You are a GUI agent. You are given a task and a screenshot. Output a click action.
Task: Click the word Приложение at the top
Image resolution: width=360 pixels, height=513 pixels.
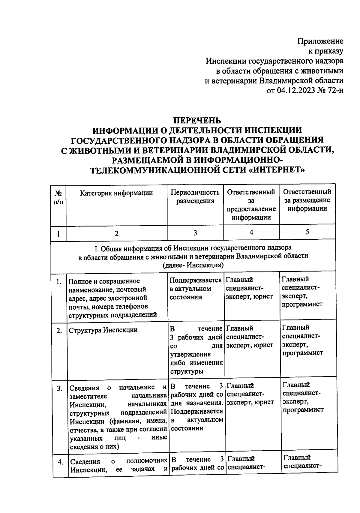tap(320, 41)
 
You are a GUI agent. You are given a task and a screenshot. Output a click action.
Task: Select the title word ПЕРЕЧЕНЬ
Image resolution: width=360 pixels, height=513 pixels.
tap(197, 120)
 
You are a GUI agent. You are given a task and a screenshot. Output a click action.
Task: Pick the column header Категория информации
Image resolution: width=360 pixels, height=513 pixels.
tap(116, 193)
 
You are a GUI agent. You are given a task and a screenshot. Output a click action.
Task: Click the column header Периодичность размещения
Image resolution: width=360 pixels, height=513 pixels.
tap(195, 196)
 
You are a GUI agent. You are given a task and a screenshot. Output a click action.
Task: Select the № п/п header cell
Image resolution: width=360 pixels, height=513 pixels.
tap(58, 197)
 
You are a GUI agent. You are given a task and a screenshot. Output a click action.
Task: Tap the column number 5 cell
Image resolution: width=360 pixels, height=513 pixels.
tap(307, 232)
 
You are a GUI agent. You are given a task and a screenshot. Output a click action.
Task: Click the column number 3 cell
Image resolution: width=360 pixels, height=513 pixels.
tap(195, 233)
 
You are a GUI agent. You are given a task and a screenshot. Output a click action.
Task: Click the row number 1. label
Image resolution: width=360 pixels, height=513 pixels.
tap(59, 282)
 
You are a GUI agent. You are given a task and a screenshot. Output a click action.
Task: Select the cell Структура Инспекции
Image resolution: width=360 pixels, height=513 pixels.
tap(103, 330)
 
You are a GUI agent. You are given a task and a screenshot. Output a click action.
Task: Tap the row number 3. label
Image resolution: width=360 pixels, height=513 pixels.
tap(60, 388)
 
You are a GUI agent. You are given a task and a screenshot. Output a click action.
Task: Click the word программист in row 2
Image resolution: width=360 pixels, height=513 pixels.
tap(302, 353)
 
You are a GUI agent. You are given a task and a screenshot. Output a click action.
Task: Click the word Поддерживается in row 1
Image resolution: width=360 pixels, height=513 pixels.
tap(195, 280)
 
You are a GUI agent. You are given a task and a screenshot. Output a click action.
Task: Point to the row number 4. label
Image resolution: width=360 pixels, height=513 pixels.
tap(60, 462)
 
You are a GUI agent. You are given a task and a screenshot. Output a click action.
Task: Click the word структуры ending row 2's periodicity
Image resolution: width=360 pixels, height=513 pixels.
tap(186, 371)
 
